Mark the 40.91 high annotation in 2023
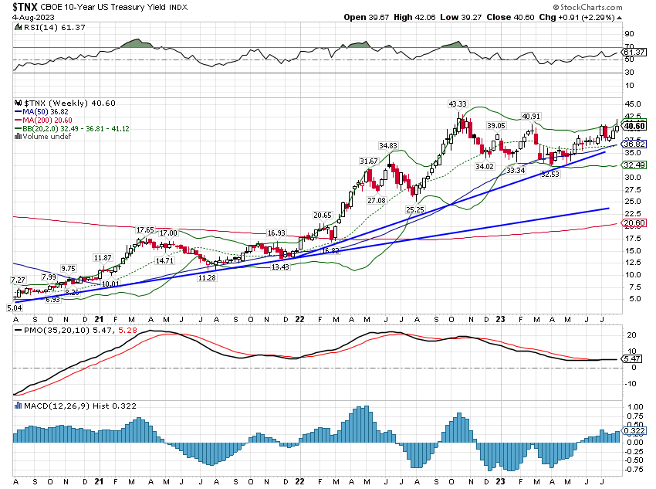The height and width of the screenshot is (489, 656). click(531, 116)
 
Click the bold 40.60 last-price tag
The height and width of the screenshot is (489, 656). click(634, 126)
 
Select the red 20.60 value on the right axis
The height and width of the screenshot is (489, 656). click(634, 222)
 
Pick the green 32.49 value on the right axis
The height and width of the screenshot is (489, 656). click(634, 165)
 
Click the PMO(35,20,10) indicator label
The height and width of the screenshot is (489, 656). click(51, 330)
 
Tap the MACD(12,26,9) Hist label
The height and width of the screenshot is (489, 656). click(53, 404)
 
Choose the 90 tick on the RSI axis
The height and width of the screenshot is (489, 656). click(629, 34)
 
